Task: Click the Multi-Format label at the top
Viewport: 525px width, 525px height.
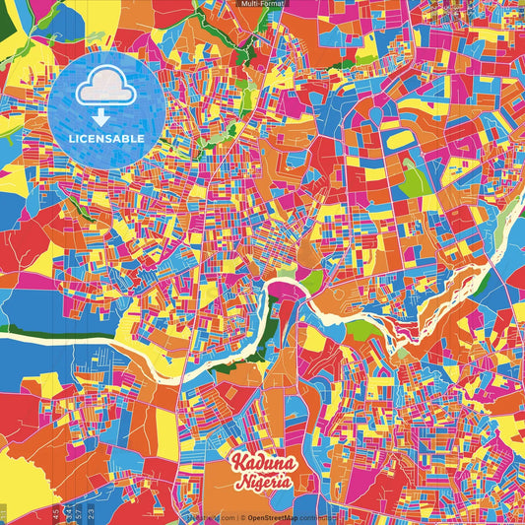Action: (x=262, y=4)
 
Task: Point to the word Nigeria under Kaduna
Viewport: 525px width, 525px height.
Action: (x=262, y=483)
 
